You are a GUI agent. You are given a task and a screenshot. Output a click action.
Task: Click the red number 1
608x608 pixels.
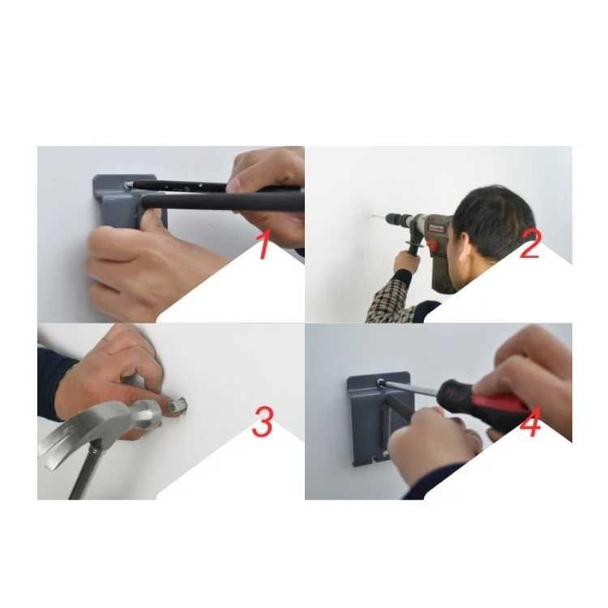[263, 245]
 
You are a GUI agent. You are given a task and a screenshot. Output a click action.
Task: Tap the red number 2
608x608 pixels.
[529, 244]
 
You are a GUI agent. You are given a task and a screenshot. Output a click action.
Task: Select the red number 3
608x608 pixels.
[263, 422]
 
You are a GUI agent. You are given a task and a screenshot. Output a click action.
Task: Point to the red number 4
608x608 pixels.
[530, 423]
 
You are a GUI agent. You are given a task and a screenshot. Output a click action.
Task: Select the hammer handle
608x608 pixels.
[83, 478]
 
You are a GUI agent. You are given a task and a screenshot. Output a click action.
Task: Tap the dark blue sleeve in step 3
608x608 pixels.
[53, 381]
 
